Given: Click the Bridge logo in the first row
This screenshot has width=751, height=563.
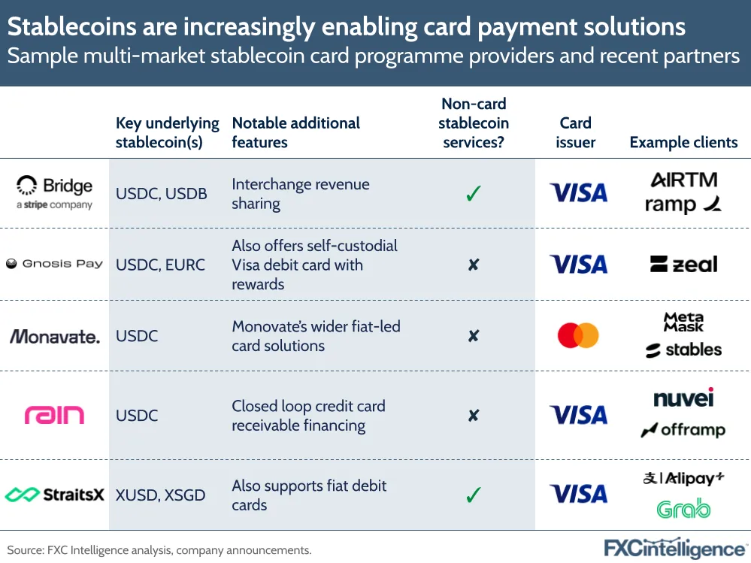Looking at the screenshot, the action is [x=54, y=192].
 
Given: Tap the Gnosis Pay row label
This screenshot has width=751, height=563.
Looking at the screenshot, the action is [x=54, y=264].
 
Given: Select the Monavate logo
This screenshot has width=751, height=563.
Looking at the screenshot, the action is [x=55, y=337].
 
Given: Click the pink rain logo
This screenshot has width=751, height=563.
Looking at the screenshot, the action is [x=54, y=415].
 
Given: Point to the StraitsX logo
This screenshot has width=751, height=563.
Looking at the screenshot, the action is [x=54, y=495].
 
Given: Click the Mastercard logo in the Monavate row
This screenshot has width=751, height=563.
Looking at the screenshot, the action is [x=578, y=335].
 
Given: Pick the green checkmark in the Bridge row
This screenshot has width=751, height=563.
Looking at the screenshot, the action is [x=473, y=193].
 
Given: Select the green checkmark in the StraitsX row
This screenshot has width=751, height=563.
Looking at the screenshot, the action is [x=473, y=495].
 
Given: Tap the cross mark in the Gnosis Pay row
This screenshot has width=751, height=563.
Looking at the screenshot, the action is [x=473, y=265].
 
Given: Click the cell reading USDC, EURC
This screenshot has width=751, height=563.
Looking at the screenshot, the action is [x=160, y=265].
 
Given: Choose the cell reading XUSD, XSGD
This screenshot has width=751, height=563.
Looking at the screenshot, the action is [x=160, y=495].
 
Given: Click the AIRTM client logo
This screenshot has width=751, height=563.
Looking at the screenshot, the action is [x=684, y=180].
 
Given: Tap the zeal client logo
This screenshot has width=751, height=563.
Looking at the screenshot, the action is [x=684, y=265].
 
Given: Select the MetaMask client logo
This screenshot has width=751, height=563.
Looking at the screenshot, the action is [x=683, y=322].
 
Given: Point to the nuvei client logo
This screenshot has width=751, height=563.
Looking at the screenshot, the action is [x=683, y=398].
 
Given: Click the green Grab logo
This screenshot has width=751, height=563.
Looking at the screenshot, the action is [x=683, y=509].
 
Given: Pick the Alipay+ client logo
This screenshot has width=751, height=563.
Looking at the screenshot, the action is [x=683, y=478].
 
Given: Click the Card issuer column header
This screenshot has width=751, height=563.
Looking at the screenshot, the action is [x=575, y=132].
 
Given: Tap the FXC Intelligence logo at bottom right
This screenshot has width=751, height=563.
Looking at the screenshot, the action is [x=675, y=549].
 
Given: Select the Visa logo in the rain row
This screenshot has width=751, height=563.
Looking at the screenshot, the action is [x=579, y=415].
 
